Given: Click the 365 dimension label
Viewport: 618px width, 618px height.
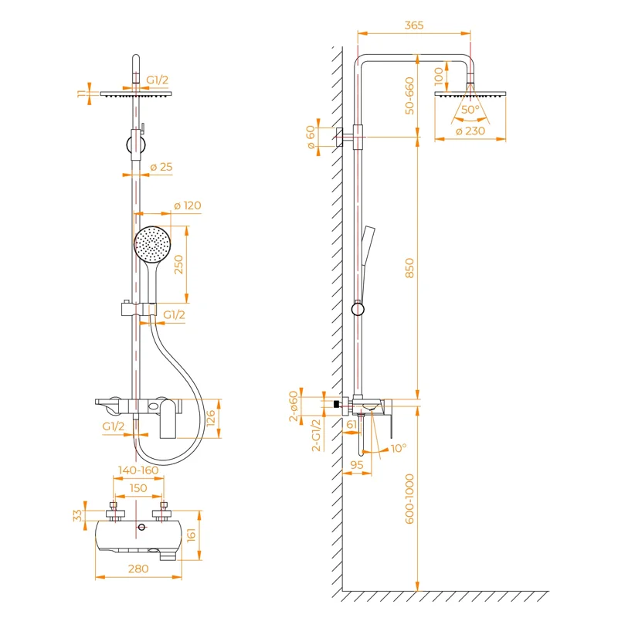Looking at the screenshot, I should pyautogui.click(x=414, y=25).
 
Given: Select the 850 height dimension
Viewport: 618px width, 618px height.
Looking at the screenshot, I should pyautogui.click(x=410, y=268).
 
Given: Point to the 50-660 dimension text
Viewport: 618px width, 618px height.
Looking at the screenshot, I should pyautogui.click(x=410, y=97).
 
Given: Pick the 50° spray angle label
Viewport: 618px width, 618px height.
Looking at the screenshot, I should pyautogui.click(x=470, y=110).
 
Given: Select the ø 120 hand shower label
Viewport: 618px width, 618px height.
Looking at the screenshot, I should pyautogui.click(x=188, y=205).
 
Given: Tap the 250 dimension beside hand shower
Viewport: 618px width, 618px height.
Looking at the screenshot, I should pyautogui.click(x=178, y=265).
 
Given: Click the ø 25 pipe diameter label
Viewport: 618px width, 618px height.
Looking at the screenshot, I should pyautogui.click(x=161, y=168).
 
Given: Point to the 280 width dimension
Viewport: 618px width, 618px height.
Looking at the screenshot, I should pyautogui.click(x=139, y=569).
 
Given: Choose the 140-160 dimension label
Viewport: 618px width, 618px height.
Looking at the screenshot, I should pyautogui.click(x=138, y=470).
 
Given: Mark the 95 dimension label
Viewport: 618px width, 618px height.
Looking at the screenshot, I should pyautogui.click(x=357, y=465).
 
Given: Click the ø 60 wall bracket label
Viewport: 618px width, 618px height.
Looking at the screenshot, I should pyautogui.click(x=311, y=138).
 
